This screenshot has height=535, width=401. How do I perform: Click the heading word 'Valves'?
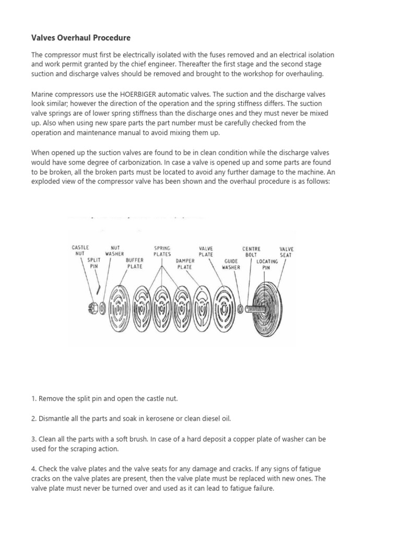click(x=45, y=38)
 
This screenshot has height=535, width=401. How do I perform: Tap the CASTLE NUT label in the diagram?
click(x=80, y=251)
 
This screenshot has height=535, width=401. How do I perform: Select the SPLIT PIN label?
click(x=94, y=262)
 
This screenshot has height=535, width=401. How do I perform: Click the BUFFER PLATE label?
click(x=135, y=262)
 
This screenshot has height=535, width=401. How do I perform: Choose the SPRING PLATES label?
click(x=162, y=251)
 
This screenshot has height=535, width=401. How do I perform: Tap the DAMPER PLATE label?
click(x=185, y=263)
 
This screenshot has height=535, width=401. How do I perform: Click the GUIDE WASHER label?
click(x=231, y=263)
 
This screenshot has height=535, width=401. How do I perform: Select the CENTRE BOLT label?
click(x=251, y=251)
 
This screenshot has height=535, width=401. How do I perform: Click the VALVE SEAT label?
click(x=287, y=251)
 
